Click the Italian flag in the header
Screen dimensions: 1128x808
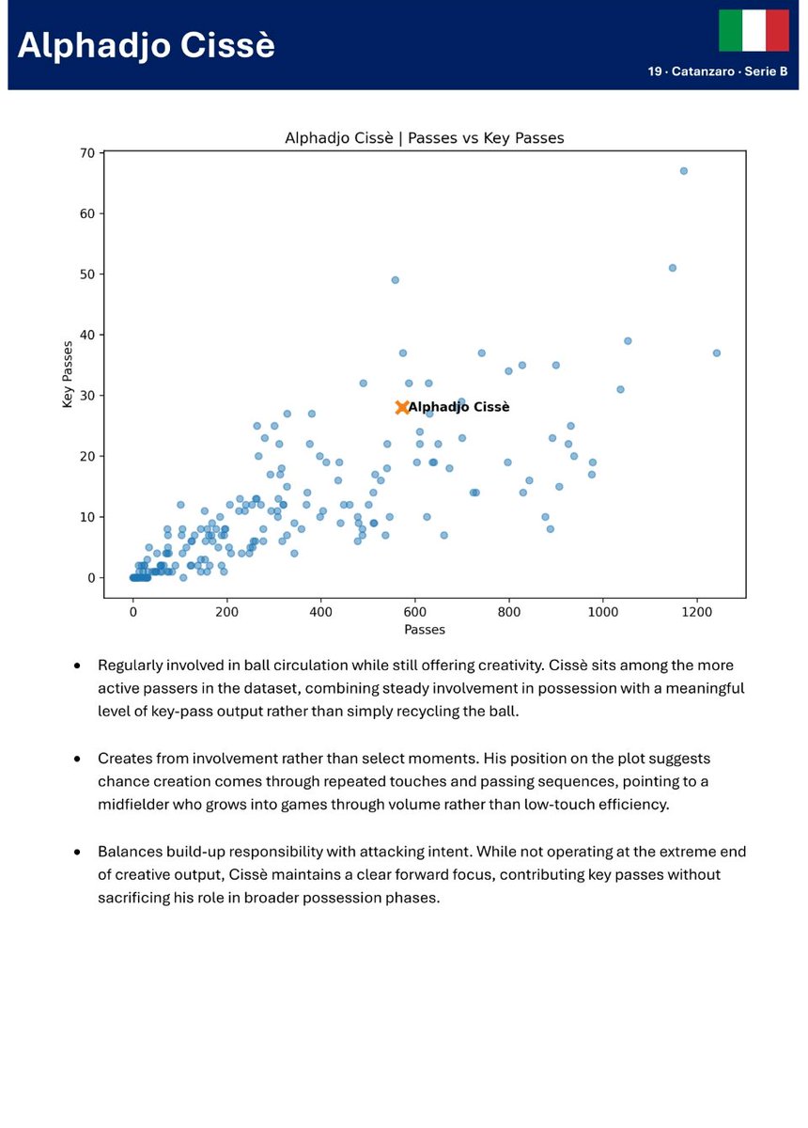click(x=754, y=31)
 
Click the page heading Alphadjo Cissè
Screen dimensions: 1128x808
click(x=147, y=46)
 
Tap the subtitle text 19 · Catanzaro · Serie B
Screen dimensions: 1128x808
click(x=718, y=71)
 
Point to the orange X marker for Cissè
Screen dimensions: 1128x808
click(x=402, y=407)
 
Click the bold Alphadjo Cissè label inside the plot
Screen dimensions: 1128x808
click(x=459, y=407)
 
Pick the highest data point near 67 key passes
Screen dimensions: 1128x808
click(x=683, y=171)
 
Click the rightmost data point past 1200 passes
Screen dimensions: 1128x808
click(x=716, y=352)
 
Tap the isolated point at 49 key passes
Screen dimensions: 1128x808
click(x=395, y=280)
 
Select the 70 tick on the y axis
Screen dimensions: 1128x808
click(x=88, y=152)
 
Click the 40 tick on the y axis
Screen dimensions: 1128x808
click(x=88, y=335)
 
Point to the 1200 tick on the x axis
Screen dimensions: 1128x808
click(x=697, y=611)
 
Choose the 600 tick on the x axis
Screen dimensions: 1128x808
click(x=415, y=611)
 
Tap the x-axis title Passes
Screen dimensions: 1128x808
click(x=424, y=629)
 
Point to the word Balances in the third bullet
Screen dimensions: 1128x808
click(x=129, y=852)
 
